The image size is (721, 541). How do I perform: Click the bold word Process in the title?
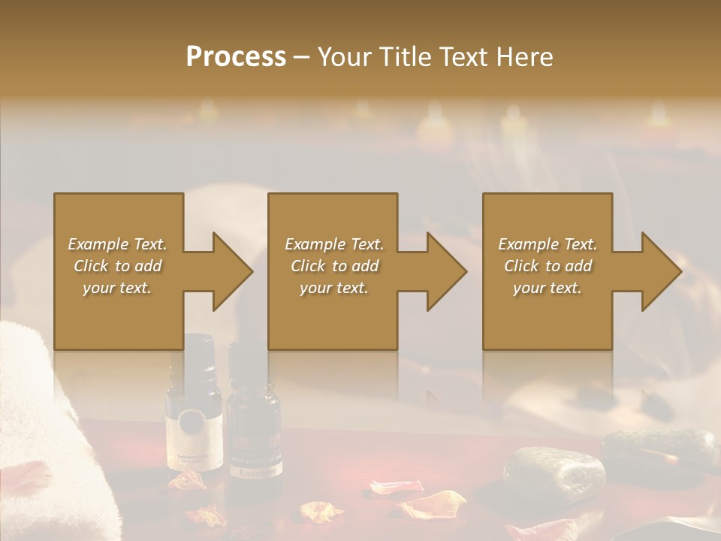click(236, 56)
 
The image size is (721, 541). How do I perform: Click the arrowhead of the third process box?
click(660, 271)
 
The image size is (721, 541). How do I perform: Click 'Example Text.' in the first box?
click(117, 244)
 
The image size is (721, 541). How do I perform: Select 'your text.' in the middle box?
click(333, 288)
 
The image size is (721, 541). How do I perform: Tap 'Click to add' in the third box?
click(548, 266)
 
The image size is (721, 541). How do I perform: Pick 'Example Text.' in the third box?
click(548, 244)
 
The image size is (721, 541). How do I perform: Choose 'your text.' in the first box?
click(117, 288)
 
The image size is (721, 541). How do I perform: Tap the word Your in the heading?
click(342, 56)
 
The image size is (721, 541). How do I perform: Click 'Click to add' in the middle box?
click(333, 266)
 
